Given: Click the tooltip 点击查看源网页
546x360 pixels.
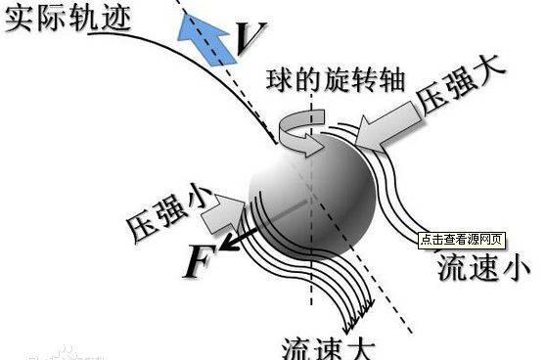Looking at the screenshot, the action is click(462, 239).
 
